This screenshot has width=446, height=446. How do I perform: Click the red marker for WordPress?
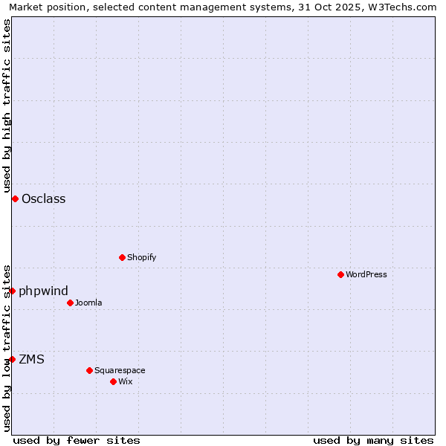pos(341,274)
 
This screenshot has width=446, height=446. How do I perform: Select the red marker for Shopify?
pos(123,257)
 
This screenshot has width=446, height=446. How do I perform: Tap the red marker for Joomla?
pos(71,303)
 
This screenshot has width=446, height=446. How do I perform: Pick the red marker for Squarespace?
pos(90,370)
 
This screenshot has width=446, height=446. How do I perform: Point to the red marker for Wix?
pos(114,381)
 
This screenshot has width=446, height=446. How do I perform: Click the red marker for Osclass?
pos(15,198)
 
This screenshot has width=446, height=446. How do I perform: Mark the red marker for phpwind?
pos(12,291)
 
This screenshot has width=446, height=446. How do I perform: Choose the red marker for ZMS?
pos(12,359)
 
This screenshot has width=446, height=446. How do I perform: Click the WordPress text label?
pos(366,274)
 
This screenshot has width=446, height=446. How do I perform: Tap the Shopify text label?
pos(142,257)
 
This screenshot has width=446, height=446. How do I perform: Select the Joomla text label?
pos(88,303)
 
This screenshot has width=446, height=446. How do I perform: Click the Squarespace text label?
pos(120,370)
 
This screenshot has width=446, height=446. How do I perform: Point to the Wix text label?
pos(125,381)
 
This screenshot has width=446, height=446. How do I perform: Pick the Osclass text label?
pos(44,198)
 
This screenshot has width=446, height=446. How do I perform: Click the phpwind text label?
pos(44,291)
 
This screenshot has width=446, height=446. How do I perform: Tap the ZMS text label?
pos(32,359)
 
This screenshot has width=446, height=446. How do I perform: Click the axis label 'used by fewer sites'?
pos(77,440)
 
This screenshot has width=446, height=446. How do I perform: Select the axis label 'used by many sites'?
pos(373,440)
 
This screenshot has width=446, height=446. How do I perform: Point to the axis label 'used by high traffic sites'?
pos(7,106)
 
